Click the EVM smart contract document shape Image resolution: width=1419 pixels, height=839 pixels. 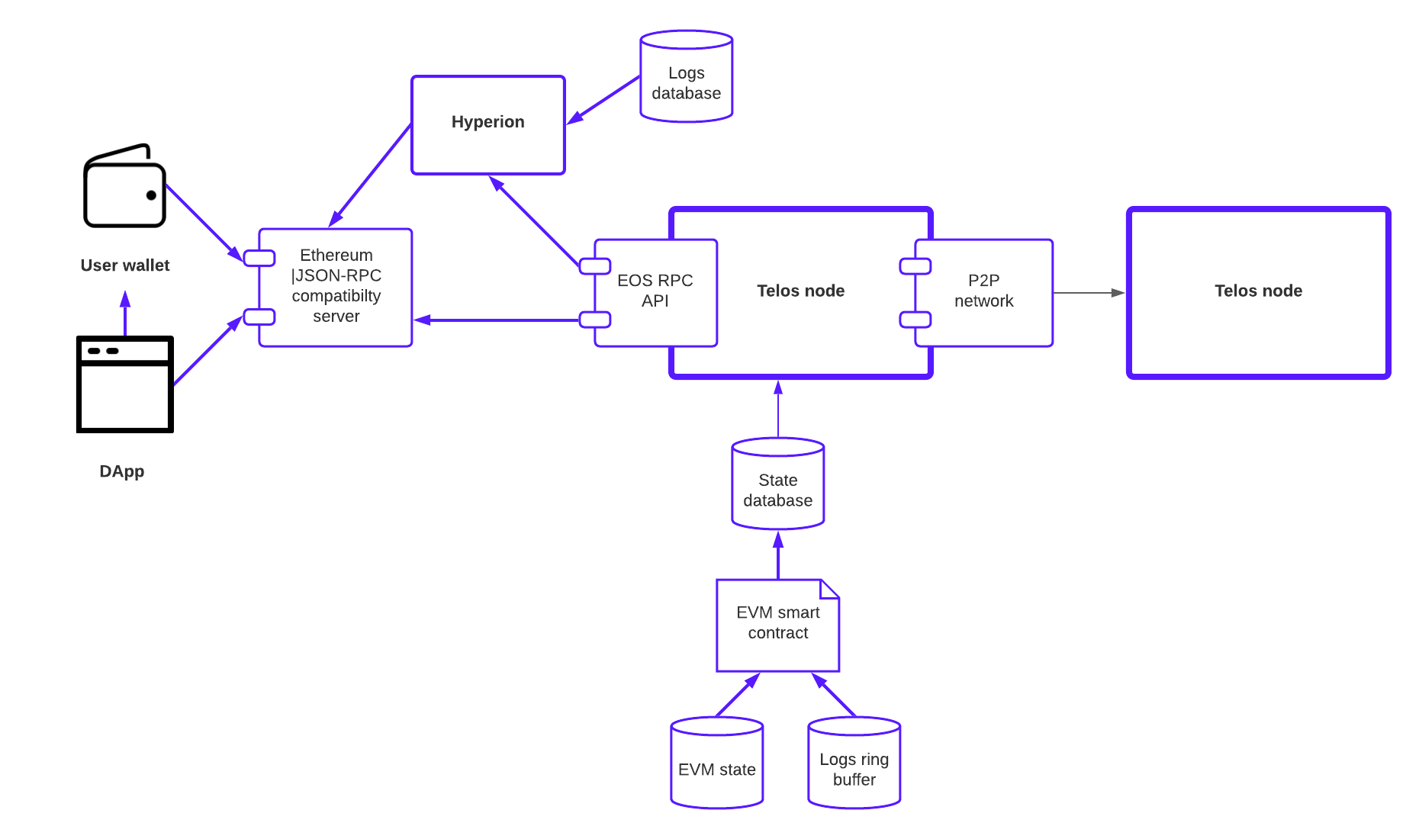(x=777, y=625)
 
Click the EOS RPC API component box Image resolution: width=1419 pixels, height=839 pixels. (x=656, y=293)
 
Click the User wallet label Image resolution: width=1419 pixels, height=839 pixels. (x=125, y=265)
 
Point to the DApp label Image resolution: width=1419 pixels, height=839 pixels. (x=122, y=471)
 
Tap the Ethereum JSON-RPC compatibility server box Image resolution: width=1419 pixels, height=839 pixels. (x=336, y=287)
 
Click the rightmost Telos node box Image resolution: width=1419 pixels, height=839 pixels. (x=1258, y=293)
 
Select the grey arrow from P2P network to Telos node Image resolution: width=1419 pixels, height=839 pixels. (x=1089, y=293)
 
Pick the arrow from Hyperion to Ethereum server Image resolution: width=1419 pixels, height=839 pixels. (x=370, y=175)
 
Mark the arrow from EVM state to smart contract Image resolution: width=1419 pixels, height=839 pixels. (x=737, y=695)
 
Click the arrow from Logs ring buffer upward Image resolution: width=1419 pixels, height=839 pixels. (x=833, y=694)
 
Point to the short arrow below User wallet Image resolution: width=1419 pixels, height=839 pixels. (x=125, y=313)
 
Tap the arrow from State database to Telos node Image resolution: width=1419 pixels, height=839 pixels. (x=778, y=409)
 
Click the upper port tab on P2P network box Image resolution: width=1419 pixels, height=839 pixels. (x=915, y=266)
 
